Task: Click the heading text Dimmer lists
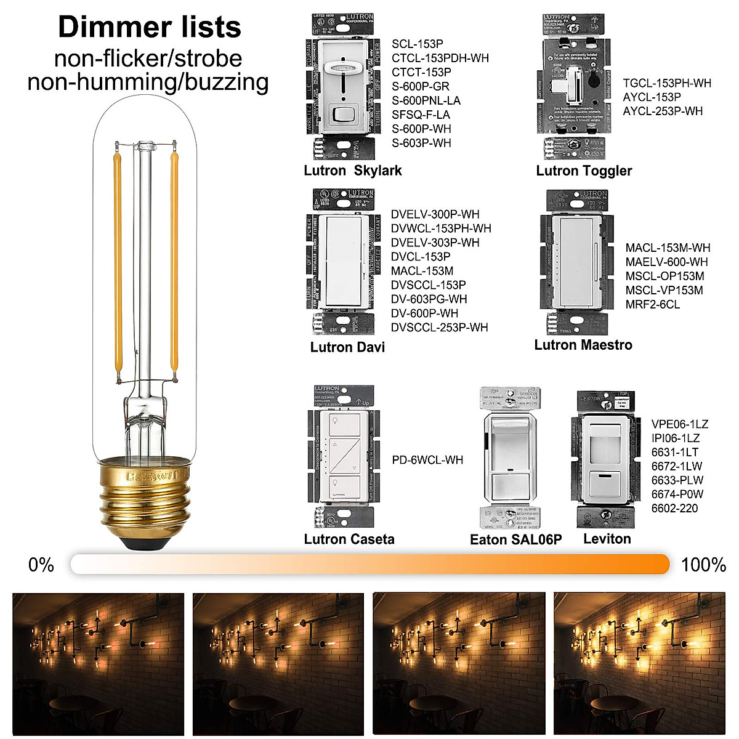[149, 28]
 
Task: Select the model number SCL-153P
[417, 44]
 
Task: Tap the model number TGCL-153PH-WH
[666, 83]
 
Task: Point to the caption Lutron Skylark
[352, 171]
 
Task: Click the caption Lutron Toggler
[584, 171]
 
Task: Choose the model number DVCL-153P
[420, 257]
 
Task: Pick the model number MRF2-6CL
[652, 305]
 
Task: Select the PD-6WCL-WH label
[427, 460]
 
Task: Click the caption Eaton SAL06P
[515, 540]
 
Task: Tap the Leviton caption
[607, 539]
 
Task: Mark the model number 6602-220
[674, 509]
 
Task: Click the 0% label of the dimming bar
[41, 565]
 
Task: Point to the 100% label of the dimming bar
[703, 565]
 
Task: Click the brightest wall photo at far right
[639, 664]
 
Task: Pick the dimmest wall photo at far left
[99, 664]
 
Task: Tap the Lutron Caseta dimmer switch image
[343, 459]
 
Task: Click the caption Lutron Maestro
[583, 345]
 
